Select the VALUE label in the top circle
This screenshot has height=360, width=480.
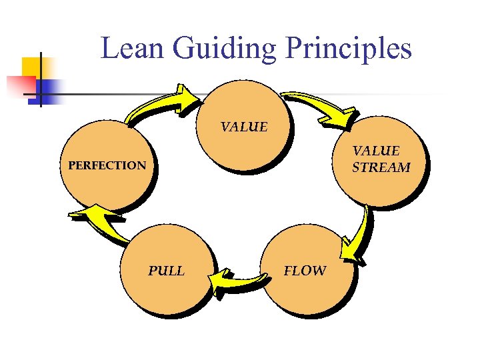(x=244, y=127)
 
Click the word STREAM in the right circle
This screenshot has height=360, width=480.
(x=381, y=167)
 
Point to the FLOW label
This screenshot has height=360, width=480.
(x=305, y=271)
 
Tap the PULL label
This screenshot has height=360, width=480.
(x=166, y=271)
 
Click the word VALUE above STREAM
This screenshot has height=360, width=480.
(x=376, y=151)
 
